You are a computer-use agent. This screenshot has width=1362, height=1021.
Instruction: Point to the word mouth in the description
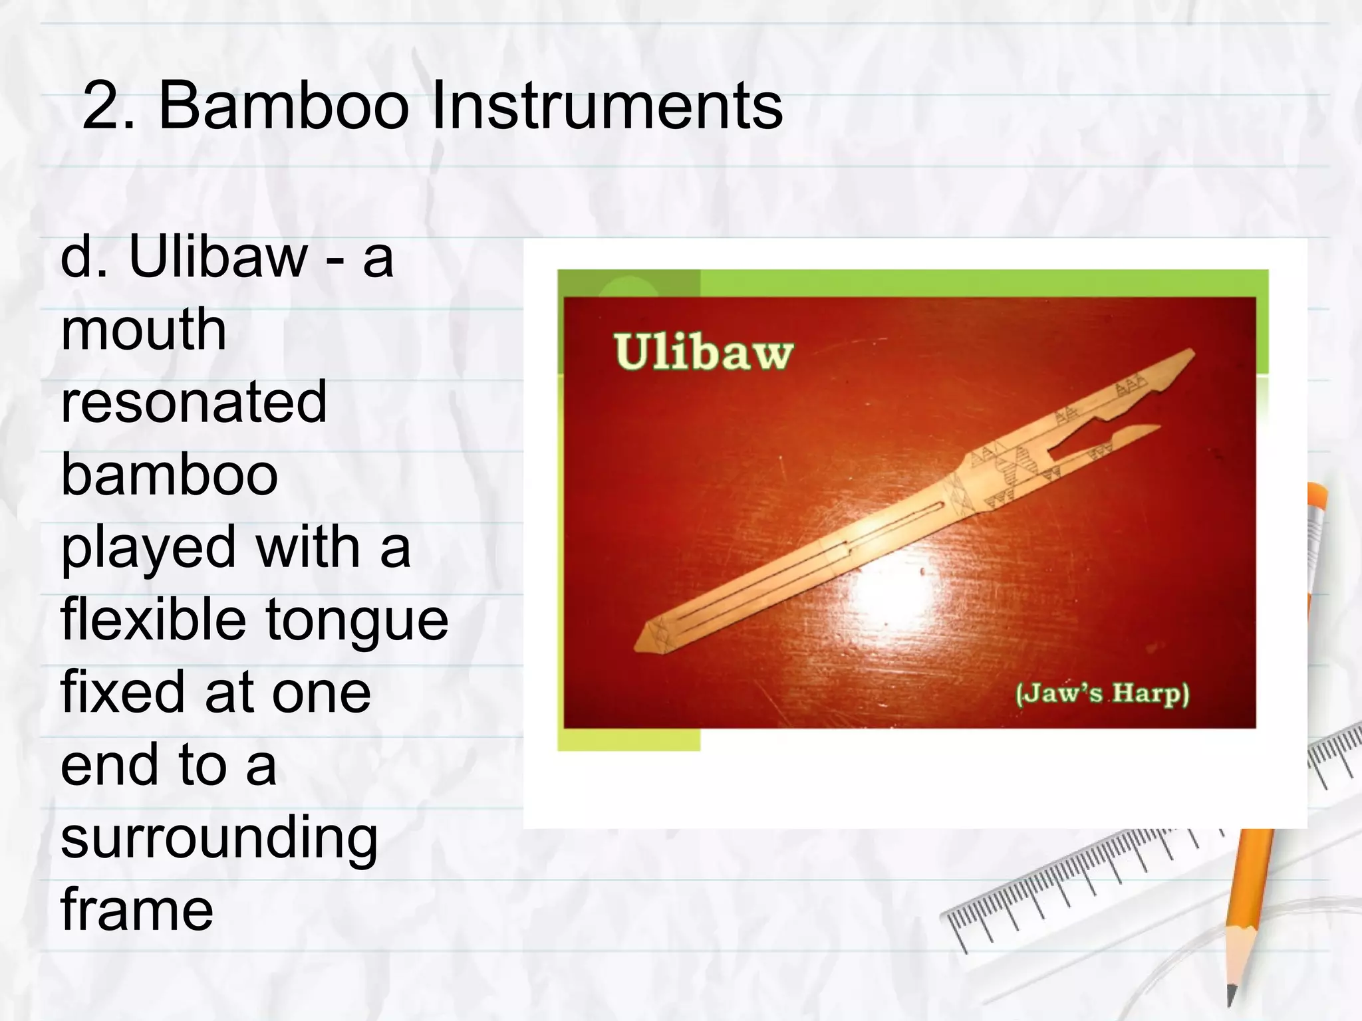point(143,330)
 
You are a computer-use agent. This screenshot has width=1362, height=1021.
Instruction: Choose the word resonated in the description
point(194,402)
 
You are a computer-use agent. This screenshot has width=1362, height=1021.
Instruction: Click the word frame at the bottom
point(136,909)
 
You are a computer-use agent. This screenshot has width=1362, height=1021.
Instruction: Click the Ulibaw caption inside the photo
point(703,352)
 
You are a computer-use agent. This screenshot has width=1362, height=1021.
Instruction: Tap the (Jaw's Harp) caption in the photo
point(1102,694)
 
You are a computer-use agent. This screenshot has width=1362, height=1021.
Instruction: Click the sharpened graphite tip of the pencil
point(1232,997)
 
